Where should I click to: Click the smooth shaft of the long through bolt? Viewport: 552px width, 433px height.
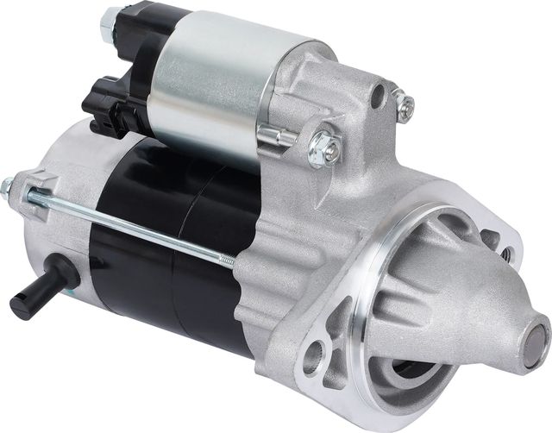click(129, 226)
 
